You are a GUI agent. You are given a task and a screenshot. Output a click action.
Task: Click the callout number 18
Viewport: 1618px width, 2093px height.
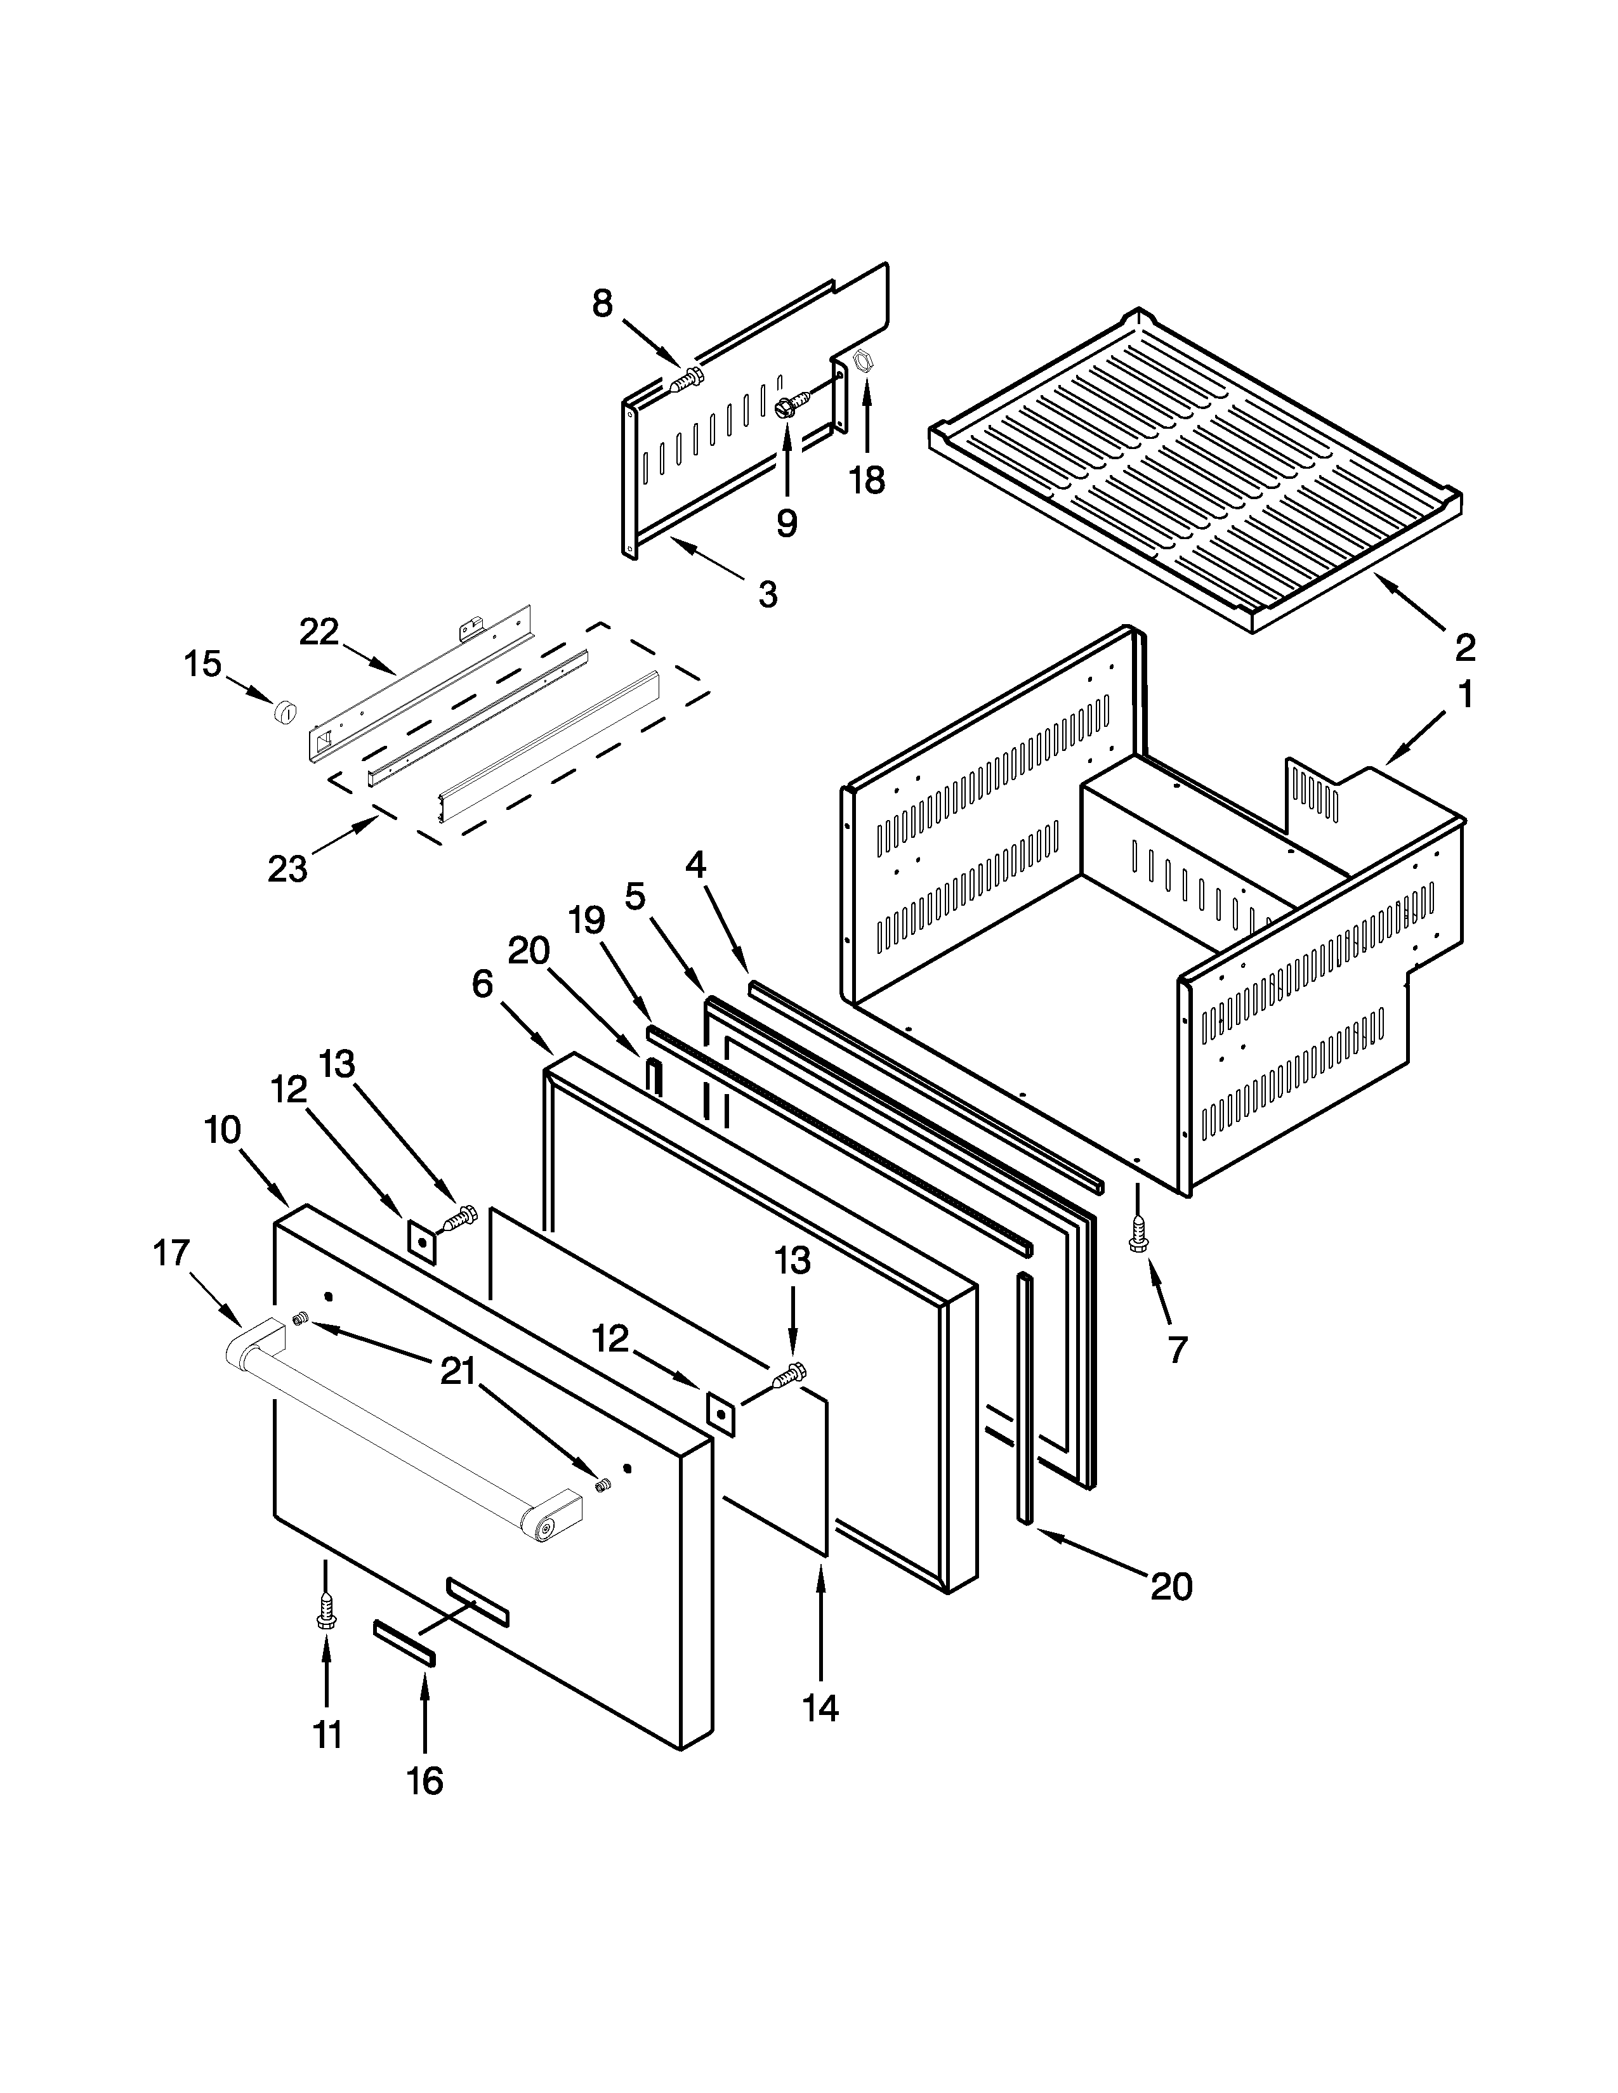pyautogui.click(x=867, y=480)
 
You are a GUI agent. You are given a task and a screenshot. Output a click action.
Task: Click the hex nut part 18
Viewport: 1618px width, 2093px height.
pyautogui.click(x=861, y=362)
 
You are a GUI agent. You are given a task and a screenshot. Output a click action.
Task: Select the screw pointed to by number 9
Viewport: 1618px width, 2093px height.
pyautogui.click(x=785, y=407)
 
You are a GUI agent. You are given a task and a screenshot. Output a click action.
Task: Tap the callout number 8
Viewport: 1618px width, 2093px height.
pyautogui.click(x=602, y=304)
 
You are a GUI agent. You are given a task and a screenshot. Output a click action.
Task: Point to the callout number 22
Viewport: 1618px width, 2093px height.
pyautogui.click(x=319, y=632)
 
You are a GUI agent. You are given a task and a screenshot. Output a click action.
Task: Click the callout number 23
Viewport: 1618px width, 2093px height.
pyautogui.click(x=287, y=868)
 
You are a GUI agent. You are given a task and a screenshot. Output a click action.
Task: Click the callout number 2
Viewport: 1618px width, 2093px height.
pyautogui.click(x=1464, y=649)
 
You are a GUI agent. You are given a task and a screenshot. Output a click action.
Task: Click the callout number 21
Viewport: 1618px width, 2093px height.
pyautogui.click(x=457, y=1373)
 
